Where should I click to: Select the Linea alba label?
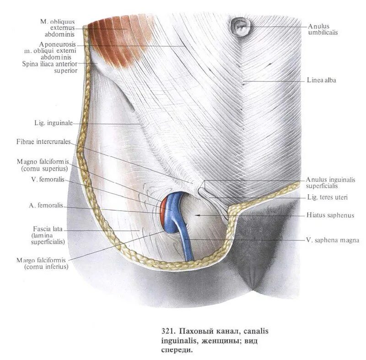tap(322, 81)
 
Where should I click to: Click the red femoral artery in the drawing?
tap(163, 210)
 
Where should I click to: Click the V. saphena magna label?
tap(332, 240)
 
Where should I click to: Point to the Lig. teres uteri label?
tap(327, 197)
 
